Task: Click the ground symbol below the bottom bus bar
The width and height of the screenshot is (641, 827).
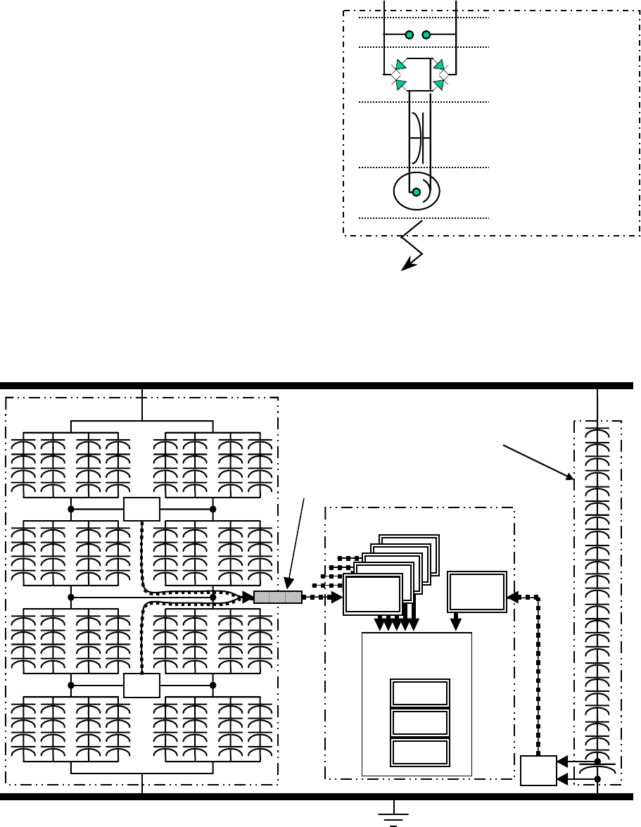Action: pyautogui.click(x=394, y=814)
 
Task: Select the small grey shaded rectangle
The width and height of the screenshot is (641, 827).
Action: pyautogui.click(x=277, y=597)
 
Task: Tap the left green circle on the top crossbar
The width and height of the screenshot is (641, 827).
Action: pyautogui.click(x=408, y=34)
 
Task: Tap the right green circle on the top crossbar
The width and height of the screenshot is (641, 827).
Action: pyautogui.click(x=426, y=34)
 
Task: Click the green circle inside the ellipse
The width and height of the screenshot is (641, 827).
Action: pyautogui.click(x=416, y=191)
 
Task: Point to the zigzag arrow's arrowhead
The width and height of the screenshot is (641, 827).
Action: pyautogui.click(x=406, y=266)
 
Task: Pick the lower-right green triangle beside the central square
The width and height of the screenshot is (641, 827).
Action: pyautogui.click(x=438, y=84)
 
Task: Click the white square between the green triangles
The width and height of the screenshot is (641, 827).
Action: pyautogui.click(x=419, y=74)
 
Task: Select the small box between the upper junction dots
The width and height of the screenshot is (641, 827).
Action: pyautogui.click(x=141, y=508)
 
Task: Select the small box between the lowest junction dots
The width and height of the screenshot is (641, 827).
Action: pyautogui.click(x=141, y=684)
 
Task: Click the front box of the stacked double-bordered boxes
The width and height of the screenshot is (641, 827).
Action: pyautogui.click(x=372, y=595)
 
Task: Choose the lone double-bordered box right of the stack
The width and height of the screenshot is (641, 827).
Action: pyautogui.click(x=477, y=592)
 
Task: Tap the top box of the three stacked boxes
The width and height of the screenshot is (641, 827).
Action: pyautogui.click(x=419, y=693)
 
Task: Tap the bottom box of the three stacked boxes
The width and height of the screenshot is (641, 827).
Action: pyautogui.click(x=419, y=751)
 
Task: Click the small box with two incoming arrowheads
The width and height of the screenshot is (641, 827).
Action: pyautogui.click(x=538, y=770)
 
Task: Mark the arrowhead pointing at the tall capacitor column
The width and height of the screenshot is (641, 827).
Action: pyautogui.click(x=570, y=476)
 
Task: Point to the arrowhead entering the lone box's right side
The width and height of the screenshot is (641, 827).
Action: pyautogui.click(x=512, y=597)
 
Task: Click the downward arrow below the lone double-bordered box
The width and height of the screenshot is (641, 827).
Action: pyautogui.click(x=456, y=622)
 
